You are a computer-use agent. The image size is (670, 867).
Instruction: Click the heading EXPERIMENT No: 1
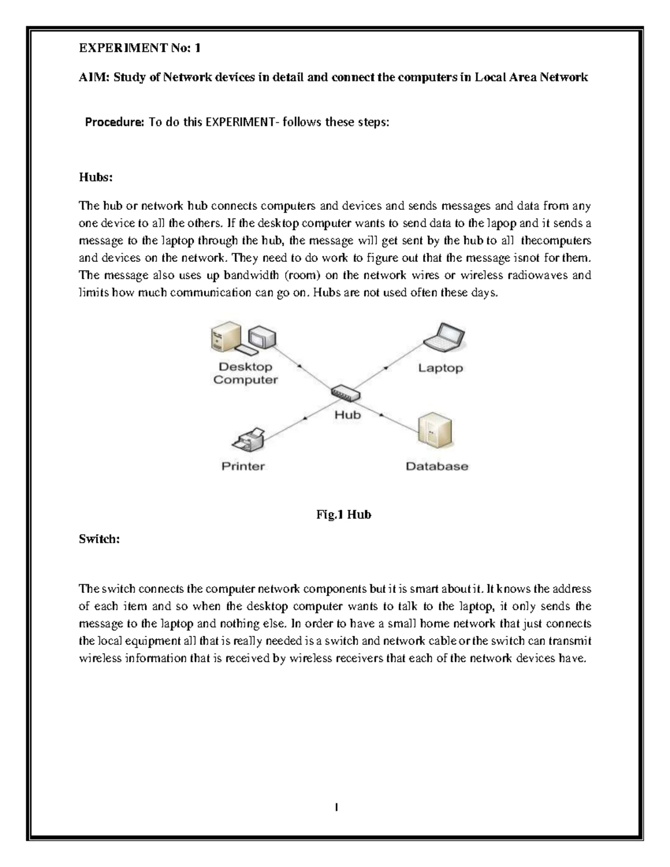click(x=140, y=49)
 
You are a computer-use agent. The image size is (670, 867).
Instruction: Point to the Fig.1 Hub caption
click(x=343, y=515)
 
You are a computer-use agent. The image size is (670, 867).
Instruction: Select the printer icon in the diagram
click(x=248, y=440)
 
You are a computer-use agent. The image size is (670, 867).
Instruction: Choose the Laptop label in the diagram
click(x=441, y=368)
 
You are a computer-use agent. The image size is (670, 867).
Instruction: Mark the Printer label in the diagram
click(x=243, y=466)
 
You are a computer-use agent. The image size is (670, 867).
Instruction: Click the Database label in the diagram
click(x=437, y=466)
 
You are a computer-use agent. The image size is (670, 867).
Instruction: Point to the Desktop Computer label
click(x=246, y=373)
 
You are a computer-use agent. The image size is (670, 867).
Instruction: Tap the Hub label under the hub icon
click(x=347, y=415)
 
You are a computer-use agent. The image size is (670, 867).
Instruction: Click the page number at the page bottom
click(x=337, y=807)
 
